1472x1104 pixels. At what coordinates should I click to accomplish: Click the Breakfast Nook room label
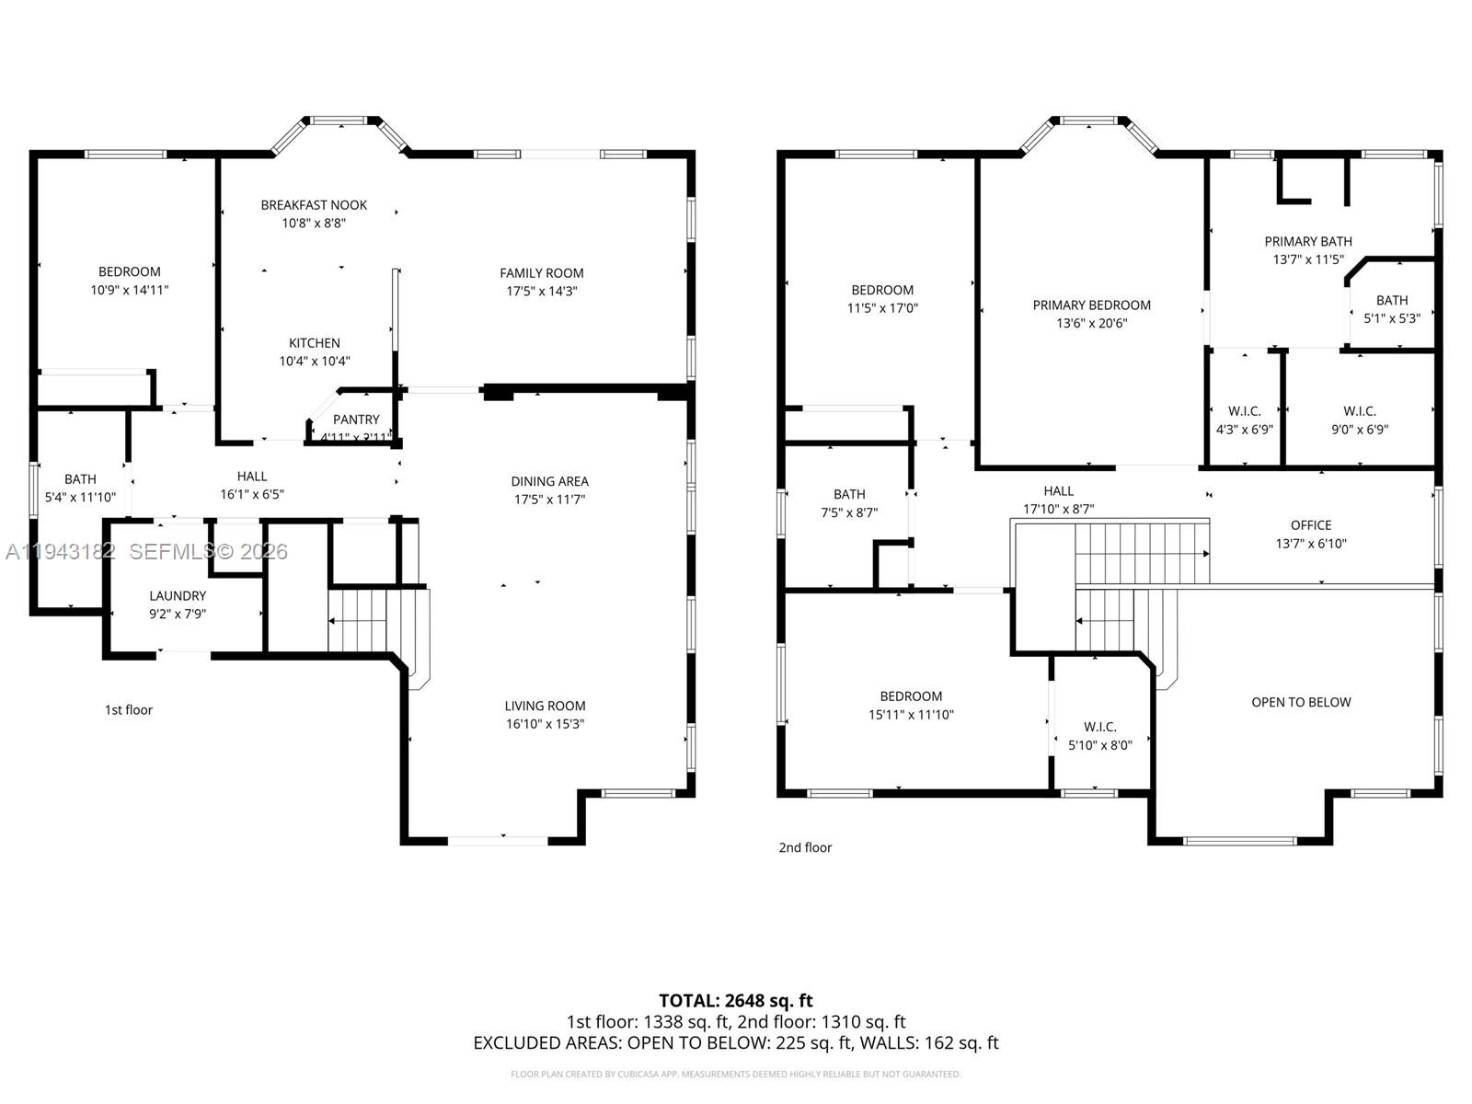314,205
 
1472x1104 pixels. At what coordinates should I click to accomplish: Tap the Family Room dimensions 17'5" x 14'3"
541,292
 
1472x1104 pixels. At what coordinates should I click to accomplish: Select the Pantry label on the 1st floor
356,420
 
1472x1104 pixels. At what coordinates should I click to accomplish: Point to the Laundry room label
178,596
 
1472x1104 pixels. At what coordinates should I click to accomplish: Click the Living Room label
545,706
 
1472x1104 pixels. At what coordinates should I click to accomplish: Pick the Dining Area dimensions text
549,500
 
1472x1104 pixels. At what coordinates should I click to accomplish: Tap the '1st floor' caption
129,709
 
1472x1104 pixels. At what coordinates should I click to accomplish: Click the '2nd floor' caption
805,847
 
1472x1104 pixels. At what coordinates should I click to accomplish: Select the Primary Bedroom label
1091,305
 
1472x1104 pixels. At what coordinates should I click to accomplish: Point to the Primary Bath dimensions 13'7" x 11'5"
1308,260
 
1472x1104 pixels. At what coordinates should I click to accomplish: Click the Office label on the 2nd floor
1310,525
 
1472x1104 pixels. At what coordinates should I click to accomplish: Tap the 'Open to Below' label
1301,702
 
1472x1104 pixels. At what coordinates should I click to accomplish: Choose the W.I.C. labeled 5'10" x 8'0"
1099,736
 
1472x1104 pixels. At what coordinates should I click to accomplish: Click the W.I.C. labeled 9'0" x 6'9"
1360,420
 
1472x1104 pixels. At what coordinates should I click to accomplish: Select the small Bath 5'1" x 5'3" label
1391,309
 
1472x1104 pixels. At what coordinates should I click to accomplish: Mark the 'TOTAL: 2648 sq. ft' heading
735,1000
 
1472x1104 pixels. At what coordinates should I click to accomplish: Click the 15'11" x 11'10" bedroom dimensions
911,715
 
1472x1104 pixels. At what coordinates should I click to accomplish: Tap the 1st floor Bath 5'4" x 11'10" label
80,489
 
